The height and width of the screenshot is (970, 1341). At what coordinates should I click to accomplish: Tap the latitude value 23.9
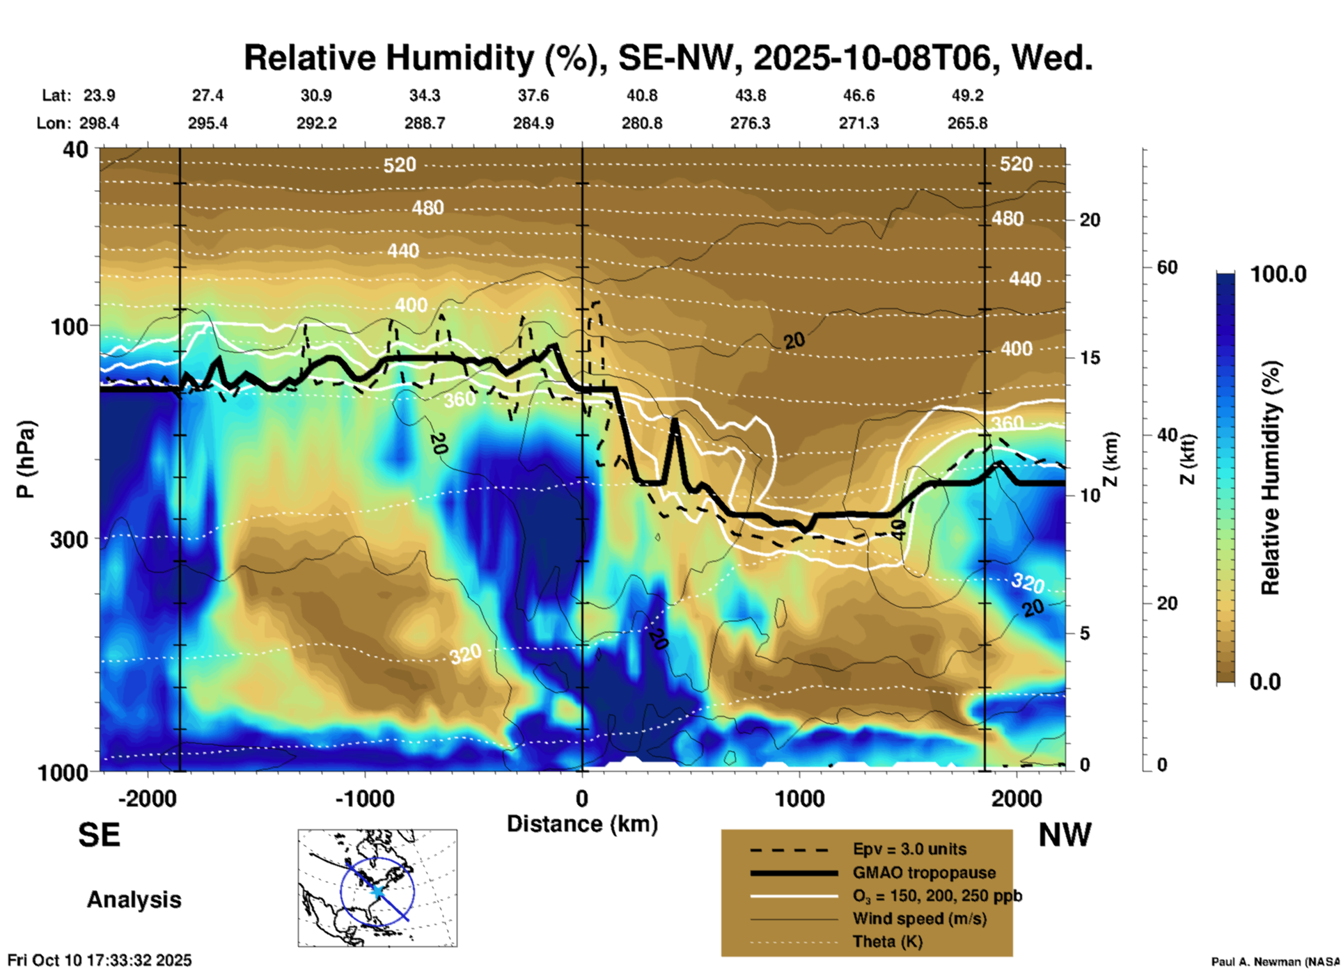(x=100, y=95)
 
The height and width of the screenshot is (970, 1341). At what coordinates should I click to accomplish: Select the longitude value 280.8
(x=641, y=123)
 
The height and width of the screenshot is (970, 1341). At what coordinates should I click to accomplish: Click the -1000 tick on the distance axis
(x=364, y=798)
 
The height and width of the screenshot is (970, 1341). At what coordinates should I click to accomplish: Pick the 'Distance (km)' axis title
(x=582, y=824)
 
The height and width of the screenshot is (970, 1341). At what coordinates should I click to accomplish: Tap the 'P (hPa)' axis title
(x=26, y=459)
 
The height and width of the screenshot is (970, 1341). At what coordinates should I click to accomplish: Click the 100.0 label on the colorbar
(x=1278, y=274)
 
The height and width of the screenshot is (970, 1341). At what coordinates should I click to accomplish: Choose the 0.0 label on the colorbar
(x=1265, y=682)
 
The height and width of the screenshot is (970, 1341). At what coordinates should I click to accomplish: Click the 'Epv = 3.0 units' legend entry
(x=909, y=850)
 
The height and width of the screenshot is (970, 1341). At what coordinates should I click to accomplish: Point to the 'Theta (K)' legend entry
(x=887, y=942)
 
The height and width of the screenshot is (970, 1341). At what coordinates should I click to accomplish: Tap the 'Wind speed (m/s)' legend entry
(x=919, y=919)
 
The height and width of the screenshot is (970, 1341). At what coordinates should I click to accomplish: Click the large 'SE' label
(x=99, y=835)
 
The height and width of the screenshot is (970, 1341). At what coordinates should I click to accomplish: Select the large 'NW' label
(x=1065, y=835)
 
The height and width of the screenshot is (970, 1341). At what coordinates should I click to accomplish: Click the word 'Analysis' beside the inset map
(x=134, y=900)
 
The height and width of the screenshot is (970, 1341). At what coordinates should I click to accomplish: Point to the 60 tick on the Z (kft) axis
(x=1167, y=268)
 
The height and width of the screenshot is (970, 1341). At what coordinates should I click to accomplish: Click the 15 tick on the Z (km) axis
(x=1090, y=358)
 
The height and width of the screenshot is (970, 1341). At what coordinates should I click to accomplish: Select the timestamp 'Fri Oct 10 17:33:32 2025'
(x=100, y=960)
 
